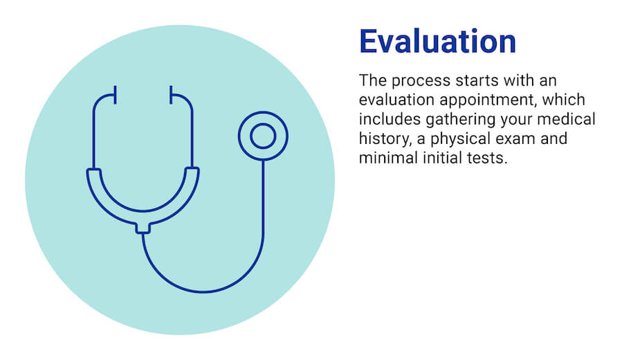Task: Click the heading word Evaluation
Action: (x=437, y=42)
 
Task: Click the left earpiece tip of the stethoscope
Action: (x=115, y=94)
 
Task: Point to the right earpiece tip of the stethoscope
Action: (x=170, y=94)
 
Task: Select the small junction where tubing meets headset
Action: (x=143, y=227)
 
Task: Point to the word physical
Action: (x=449, y=138)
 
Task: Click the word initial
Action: (x=435, y=158)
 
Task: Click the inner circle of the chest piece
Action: (x=263, y=135)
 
